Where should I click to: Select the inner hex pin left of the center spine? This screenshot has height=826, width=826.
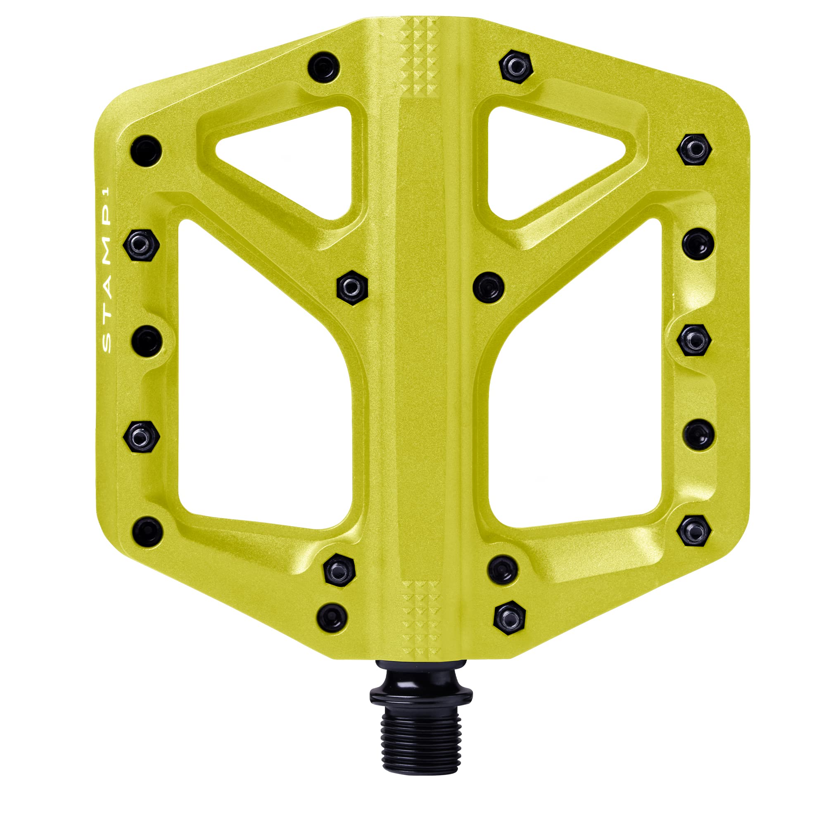pos(352,287)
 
